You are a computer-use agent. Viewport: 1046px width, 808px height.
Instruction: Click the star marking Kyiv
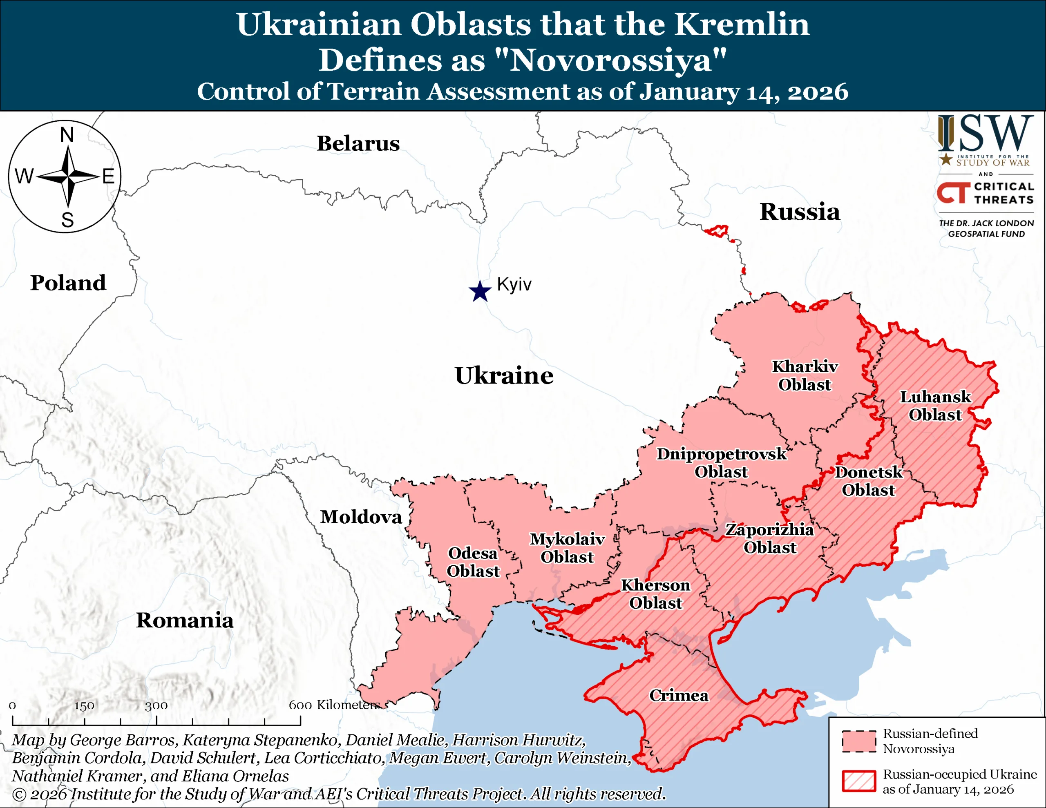point(480,291)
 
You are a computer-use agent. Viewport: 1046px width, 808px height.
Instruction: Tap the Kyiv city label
point(514,284)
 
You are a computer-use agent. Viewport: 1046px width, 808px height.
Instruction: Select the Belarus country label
point(358,144)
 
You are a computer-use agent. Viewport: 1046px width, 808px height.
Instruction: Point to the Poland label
point(68,283)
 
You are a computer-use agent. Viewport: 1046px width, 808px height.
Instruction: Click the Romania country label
point(185,620)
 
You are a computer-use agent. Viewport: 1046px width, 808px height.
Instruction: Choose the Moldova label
point(361,517)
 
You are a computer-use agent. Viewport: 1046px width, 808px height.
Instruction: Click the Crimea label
point(679,695)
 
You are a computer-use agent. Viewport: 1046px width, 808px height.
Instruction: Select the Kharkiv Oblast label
point(805,375)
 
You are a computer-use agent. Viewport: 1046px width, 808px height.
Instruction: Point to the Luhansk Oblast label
point(935,406)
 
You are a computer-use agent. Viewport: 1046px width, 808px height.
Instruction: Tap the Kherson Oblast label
point(656,594)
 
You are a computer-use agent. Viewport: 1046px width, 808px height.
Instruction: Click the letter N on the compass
point(67,135)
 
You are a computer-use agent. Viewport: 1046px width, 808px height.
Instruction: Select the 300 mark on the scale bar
point(156,705)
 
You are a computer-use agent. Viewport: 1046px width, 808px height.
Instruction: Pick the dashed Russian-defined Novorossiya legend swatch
point(859,741)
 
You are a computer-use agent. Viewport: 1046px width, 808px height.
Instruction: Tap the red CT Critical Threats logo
point(954,192)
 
